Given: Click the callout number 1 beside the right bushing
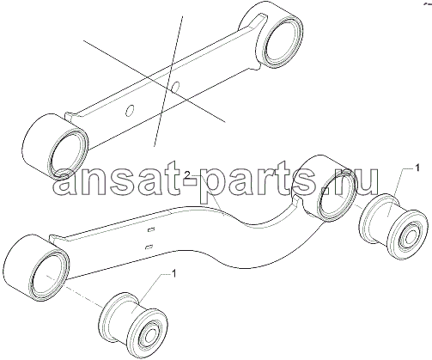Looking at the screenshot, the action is tap(417, 168).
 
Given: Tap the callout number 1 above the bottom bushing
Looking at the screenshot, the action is tap(173, 274).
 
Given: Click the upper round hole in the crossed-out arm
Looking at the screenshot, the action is tap(176, 86).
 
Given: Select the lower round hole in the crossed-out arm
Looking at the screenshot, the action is tap(130, 110).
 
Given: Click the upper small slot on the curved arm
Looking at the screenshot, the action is tap(150, 229).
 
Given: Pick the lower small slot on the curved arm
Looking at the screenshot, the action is tap(149, 247).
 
